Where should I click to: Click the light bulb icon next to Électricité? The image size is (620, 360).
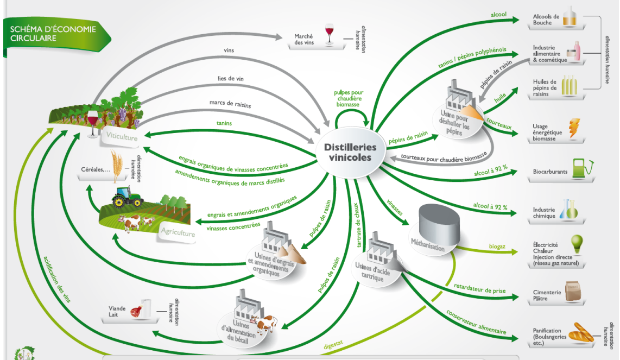pos(577,242)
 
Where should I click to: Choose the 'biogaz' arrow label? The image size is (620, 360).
pos(497,247)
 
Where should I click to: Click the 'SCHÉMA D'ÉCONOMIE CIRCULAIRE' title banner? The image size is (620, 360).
pos(53,34)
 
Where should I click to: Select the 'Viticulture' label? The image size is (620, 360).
pos(122,137)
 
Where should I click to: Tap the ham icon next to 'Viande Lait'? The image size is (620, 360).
pos(135,312)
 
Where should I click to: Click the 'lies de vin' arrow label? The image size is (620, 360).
pos(231,79)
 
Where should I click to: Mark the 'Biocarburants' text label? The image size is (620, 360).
pos(550,172)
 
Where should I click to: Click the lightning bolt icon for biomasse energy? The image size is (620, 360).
pos(574,128)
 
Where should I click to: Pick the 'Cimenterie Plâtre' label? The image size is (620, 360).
pos(547,295)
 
